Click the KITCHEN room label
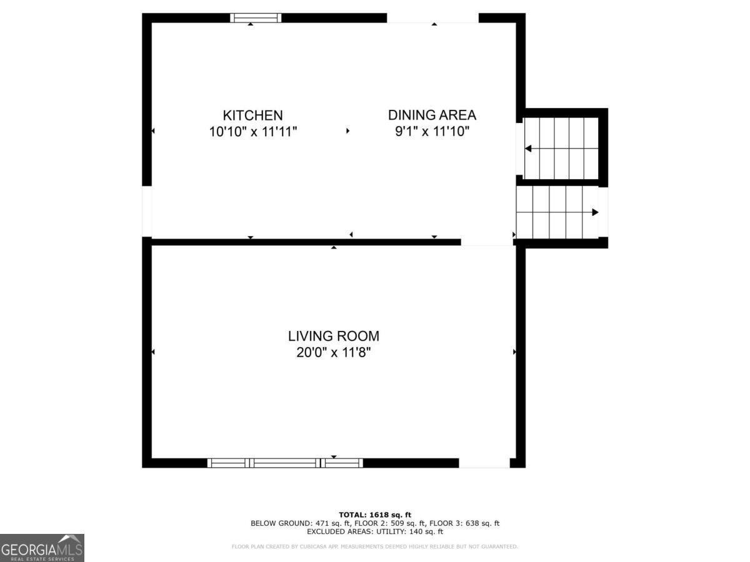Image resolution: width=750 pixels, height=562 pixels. coord(252,116)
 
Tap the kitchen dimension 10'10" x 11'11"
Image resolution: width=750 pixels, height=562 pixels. coord(252,132)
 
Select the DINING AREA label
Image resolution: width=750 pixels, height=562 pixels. coord(432,115)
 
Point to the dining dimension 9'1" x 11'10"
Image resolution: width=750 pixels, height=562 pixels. coord(432,132)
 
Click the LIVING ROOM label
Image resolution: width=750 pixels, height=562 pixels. coord(333,336)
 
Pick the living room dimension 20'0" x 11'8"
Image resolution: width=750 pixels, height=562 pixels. coord(333,353)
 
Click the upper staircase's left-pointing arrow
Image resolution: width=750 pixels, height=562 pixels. coord(528,149)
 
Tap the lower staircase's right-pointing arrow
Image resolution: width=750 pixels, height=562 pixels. coord(595,212)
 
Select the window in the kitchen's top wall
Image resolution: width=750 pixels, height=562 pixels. coord(256,17)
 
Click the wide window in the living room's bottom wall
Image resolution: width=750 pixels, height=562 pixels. coord(285,463)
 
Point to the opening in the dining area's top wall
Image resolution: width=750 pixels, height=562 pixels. coord(432,17)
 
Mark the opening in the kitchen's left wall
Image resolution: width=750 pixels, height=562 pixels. coord(147,211)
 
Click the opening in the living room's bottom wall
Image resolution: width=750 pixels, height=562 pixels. coord(484,463)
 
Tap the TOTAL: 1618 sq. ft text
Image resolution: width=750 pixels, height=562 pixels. coord(375,515)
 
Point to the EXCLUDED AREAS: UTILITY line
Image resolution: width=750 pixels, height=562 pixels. coord(375,532)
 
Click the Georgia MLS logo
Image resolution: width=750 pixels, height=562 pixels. coord(42,548)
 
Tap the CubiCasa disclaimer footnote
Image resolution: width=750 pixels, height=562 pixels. coord(375,547)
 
